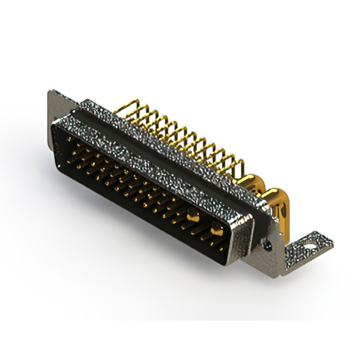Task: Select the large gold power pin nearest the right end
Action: pos(217,228)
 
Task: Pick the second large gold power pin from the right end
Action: pos(192,214)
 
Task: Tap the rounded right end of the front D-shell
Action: pos(239,236)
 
